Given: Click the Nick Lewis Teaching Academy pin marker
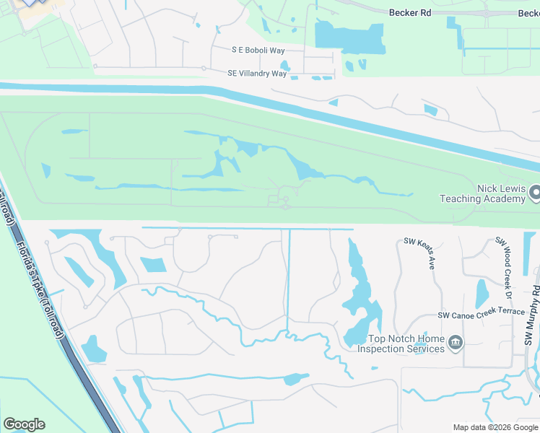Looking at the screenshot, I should tap(536, 193).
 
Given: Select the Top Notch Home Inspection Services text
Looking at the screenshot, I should tap(406, 344).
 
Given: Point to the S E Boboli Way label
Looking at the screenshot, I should tap(258, 50).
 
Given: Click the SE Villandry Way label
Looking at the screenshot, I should tap(252, 73).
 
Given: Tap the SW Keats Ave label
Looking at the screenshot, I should tap(419, 253).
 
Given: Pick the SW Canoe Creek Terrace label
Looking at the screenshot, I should tap(482, 315).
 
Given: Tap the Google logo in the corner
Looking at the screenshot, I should tap(24, 424).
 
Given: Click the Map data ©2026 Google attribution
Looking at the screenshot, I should tap(495, 427).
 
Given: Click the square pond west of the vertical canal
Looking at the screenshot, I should tap(153, 264).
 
